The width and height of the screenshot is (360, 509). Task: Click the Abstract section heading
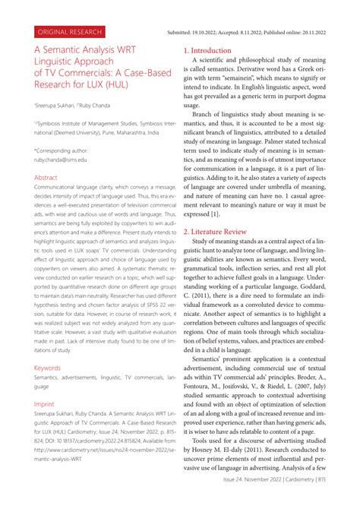tap(46, 177)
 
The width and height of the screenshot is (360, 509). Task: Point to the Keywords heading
tap(47, 367)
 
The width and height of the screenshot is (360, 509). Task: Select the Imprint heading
tap(44, 405)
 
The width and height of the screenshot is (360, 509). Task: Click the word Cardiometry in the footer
tap(306, 501)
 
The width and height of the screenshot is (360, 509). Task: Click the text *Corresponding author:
tap(65, 150)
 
